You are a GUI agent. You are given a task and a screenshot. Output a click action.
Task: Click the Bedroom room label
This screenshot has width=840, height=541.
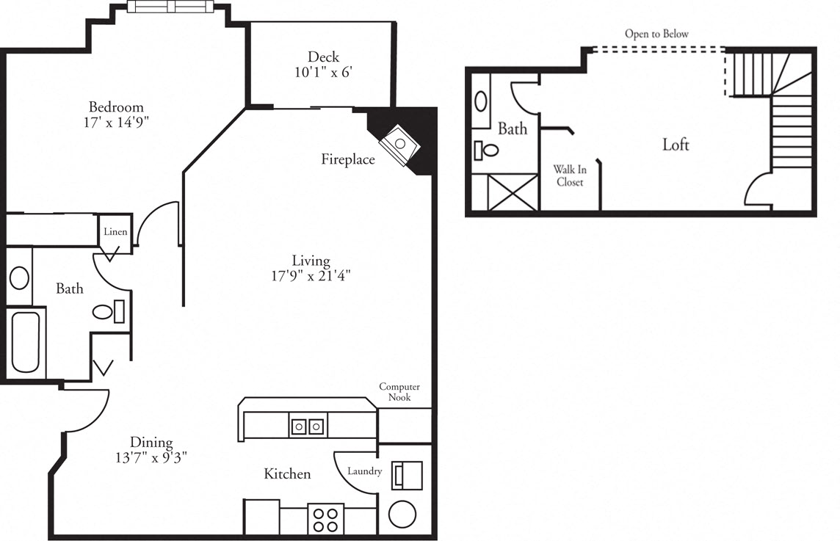[x=116, y=106]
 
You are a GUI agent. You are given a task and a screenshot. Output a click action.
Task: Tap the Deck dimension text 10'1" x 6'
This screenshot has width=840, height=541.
[x=323, y=73]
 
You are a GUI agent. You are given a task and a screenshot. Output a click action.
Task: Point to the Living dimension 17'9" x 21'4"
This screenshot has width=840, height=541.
[x=311, y=277]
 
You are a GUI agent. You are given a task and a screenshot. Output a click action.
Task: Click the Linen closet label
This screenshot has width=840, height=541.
[x=115, y=232]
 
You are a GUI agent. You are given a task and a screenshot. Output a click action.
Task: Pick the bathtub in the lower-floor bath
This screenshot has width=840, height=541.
[x=26, y=343]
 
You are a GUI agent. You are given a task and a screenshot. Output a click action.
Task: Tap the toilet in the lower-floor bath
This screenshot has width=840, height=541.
[x=107, y=312]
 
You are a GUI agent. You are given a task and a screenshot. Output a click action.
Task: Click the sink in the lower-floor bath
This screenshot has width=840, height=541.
[x=19, y=278]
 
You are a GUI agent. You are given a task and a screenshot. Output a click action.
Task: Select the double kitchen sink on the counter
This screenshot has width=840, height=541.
[x=308, y=426]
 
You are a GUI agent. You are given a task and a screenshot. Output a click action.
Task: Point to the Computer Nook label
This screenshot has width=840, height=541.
[x=399, y=392]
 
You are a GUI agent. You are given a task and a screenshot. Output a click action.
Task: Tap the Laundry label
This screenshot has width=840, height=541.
[x=364, y=471]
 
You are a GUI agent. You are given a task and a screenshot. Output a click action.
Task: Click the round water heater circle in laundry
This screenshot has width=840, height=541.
[x=402, y=514]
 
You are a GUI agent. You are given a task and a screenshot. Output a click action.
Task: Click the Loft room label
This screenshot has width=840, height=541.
[x=676, y=145]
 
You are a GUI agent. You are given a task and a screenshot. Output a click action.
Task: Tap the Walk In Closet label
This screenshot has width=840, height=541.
[x=570, y=176]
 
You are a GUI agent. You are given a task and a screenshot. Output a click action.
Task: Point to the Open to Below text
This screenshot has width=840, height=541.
[x=656, y=34]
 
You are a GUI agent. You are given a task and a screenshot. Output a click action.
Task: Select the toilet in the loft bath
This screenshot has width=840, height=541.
[x=486, y=150]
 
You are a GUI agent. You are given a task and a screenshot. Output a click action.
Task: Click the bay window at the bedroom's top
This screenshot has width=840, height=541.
[x=170, y=7]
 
